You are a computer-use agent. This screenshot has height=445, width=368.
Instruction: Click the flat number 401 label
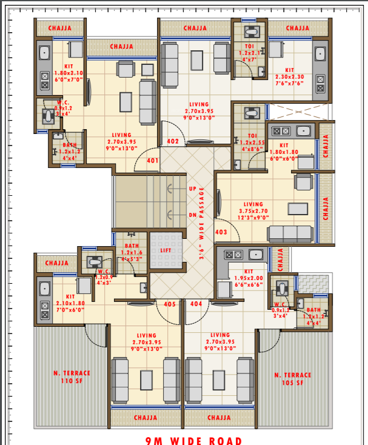click(152, 161)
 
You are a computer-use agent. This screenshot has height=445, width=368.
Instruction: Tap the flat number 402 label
click(173, 141)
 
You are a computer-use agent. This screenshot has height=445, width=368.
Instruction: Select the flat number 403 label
click(221, 232)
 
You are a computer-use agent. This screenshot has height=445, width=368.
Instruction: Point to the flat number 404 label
click(196, 304)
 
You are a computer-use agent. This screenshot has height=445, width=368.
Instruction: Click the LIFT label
click(166, 250)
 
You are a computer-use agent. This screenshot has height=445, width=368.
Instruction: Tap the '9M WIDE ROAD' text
click(193, 440)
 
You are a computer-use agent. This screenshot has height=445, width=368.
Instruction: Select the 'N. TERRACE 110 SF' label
click(71, 377)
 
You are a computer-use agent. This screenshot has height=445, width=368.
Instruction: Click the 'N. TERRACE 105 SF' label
click(292, 378)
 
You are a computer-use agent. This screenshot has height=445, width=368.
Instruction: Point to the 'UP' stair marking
click(193, 189)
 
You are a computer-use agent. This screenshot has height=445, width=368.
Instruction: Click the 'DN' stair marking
click(193, 215)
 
